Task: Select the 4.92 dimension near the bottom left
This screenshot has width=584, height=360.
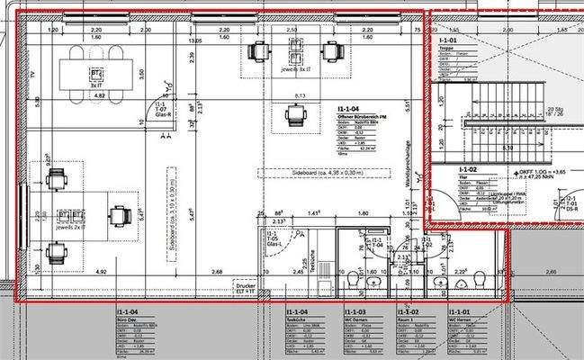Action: [76, 270]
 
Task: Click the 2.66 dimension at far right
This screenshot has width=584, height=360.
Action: [552, 270]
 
